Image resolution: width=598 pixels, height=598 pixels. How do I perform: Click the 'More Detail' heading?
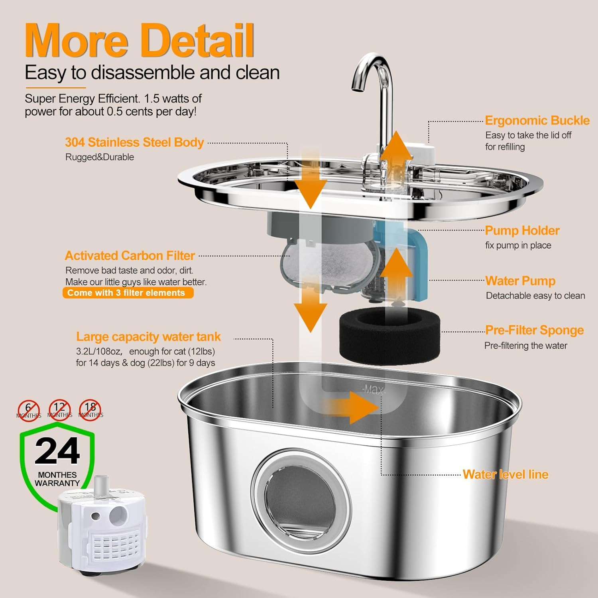tap(139, 41)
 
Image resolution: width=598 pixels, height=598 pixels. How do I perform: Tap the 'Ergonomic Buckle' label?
tap(537, 120)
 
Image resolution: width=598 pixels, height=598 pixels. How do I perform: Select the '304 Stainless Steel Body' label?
tap(134, 142)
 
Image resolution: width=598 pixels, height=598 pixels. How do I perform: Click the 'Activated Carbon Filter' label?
tap(130, 256)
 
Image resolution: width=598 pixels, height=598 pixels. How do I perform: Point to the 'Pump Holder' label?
tap(522, 230)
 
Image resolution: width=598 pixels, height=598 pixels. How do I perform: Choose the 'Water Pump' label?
tap(520, 281)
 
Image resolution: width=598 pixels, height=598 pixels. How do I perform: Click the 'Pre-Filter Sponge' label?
tap(534, 330)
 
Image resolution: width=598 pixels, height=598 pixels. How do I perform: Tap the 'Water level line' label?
tap(506, 474)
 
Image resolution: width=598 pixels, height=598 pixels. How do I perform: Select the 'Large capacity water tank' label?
tap(148, 337)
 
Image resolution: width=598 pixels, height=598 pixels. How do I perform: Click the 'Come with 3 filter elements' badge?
tap(128, 293)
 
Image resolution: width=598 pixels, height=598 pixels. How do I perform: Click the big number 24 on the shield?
tap(57, 451)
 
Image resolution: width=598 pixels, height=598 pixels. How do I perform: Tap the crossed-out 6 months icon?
tap(28, 410)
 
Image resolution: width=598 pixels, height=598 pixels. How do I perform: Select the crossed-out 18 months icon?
tap(90, 409)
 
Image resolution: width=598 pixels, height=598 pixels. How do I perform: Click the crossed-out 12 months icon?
tap(59, 409)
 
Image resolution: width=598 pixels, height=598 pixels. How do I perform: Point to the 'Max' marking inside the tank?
tap(373, 389)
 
